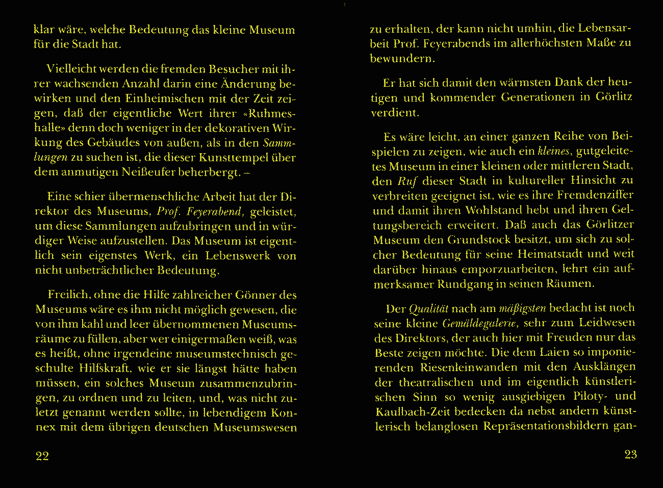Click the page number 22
point(42,456)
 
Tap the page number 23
point(630,454)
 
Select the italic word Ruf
point(407,181)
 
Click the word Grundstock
point(478,240)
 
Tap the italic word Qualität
point(429,309)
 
